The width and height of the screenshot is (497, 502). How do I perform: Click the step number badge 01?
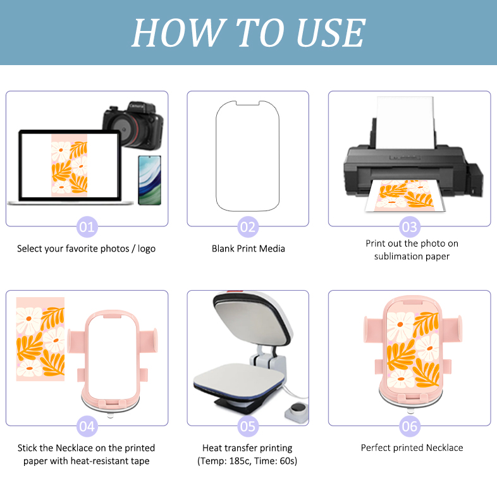point(87,227)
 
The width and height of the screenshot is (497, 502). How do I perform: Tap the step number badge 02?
point(248,227)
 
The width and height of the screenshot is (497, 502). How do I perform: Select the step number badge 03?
point(410,227)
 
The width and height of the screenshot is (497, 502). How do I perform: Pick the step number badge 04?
point(87,426)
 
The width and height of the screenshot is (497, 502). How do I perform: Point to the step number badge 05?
point(248,426)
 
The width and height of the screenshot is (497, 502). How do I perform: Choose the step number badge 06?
point(410,426)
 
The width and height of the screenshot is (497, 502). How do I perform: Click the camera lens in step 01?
point(124,129)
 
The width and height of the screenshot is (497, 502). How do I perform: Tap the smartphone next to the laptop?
point(150,180)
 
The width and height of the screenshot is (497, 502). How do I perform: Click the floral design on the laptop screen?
point(69,166)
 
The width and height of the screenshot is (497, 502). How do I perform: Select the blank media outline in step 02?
point(247,156)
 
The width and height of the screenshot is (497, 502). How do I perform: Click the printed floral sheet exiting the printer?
point(405,195)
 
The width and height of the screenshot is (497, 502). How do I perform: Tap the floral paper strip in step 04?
point(40,339)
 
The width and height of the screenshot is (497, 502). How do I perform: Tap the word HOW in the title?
point(179,33)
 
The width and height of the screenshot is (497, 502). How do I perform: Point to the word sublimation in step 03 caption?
point(396,257)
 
